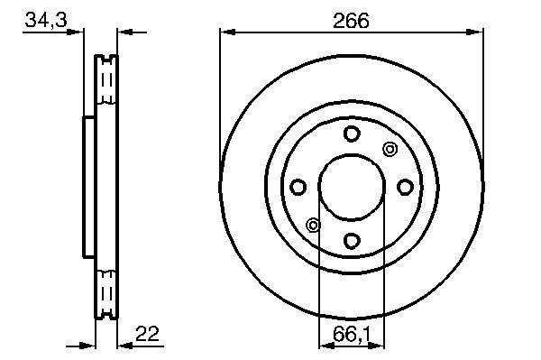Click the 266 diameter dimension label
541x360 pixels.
pos(351,21)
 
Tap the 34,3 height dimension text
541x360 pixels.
pos(46,20)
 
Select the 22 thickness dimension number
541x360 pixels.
pos(147,334)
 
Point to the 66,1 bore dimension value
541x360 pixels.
pos(352,335)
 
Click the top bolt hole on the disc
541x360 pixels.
pos(352,134)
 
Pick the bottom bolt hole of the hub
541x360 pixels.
pos(352,240)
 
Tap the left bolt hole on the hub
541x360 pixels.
pos(298,187)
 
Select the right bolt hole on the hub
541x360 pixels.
pos(405,187)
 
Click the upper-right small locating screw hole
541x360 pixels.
pos(390,150)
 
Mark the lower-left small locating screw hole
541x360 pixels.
pos(313,226)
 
